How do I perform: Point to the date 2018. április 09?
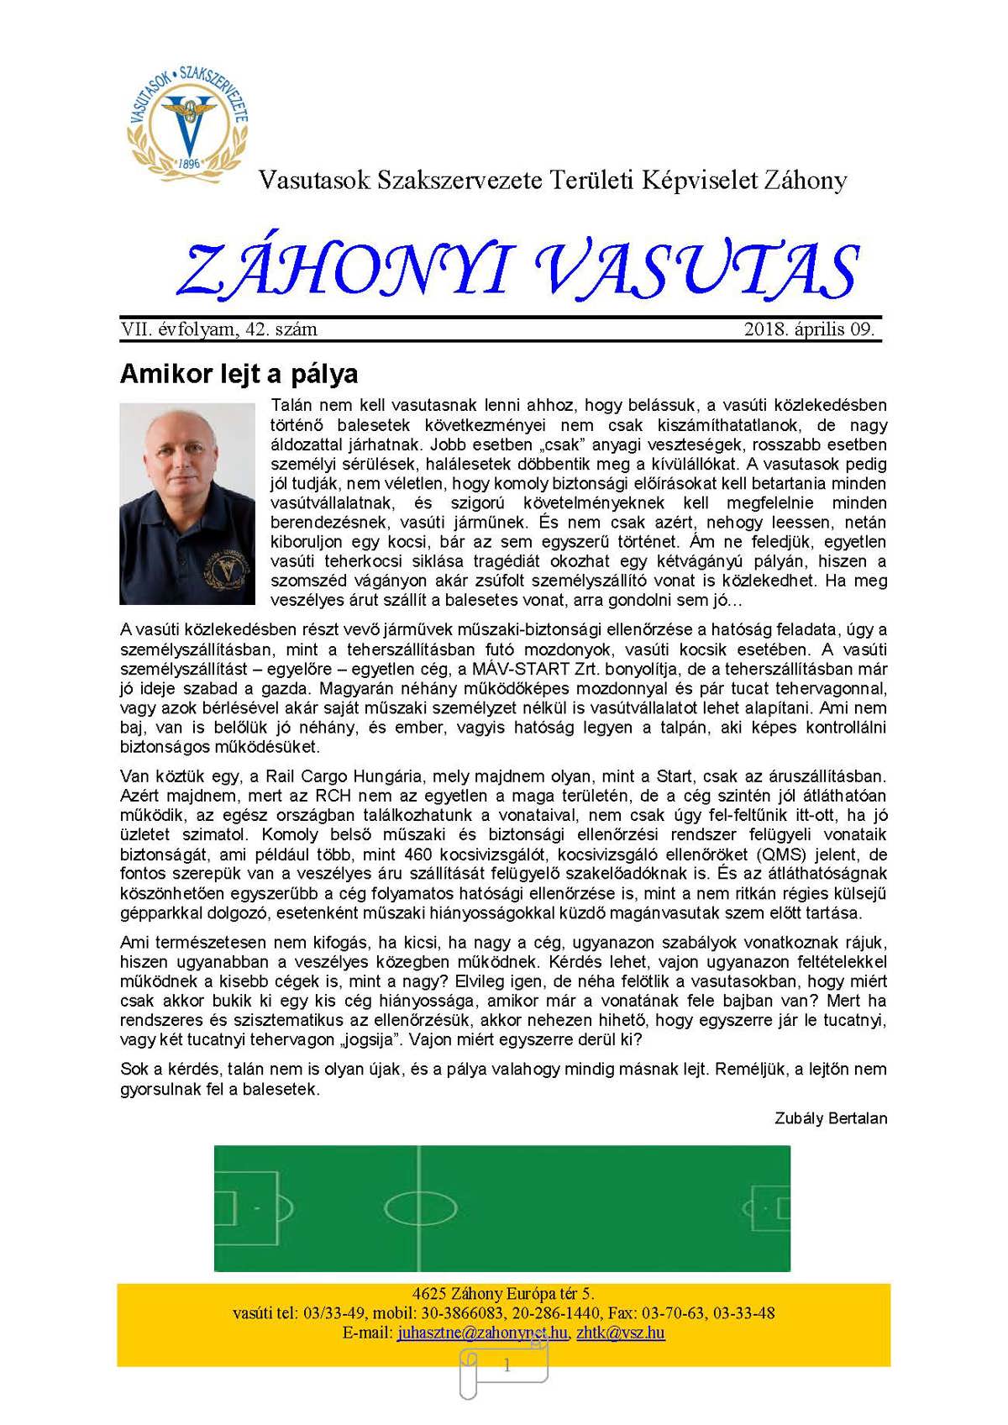coord(809,329)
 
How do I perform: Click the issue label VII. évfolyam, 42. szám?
coord(219,329)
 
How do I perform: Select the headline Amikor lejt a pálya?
coord(239,373)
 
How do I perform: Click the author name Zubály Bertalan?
coord(831,1118)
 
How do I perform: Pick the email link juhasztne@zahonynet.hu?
coord(482,1333)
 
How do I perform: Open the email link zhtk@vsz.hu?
coord(621,1333)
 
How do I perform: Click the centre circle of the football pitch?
coord(419,1208)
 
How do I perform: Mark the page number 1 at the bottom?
coord(507,1367)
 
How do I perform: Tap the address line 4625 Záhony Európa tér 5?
coord(503,1294)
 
